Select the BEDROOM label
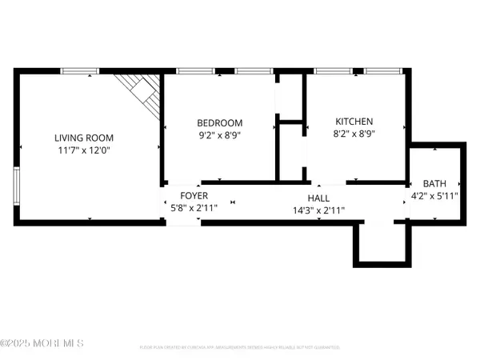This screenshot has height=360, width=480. click(x=219, y=122)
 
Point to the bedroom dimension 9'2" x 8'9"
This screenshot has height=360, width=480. click(x=219, y=135)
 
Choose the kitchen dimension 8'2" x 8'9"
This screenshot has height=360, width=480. click(x=354, y=135)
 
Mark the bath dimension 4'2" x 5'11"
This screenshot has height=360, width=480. click(x=434, y=195)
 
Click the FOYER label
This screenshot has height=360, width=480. click(x=194, y=195)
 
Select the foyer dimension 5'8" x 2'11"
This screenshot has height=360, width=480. click(x=194, y=207)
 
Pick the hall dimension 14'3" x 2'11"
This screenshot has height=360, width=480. click(x=318, y=210)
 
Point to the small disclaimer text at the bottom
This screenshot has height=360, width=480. click(x=240, y=348)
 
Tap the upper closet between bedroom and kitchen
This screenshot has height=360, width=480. click(x=289, y=97)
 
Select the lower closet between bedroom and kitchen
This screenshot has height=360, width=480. click(x=289, y=152)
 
